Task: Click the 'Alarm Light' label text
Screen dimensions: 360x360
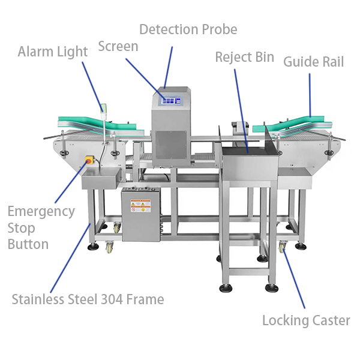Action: click(53, 52)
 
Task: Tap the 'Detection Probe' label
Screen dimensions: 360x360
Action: click(188, 29)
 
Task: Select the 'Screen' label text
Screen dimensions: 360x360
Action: click(118, 46)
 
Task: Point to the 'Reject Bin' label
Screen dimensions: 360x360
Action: click(244, 58)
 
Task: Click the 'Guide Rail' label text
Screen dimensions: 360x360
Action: click(313, 61)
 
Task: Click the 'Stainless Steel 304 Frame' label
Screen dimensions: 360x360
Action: click(88, 299)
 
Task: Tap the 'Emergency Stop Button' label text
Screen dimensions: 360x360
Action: click(41, 228)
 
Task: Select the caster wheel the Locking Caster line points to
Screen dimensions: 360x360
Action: click(282, 248)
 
